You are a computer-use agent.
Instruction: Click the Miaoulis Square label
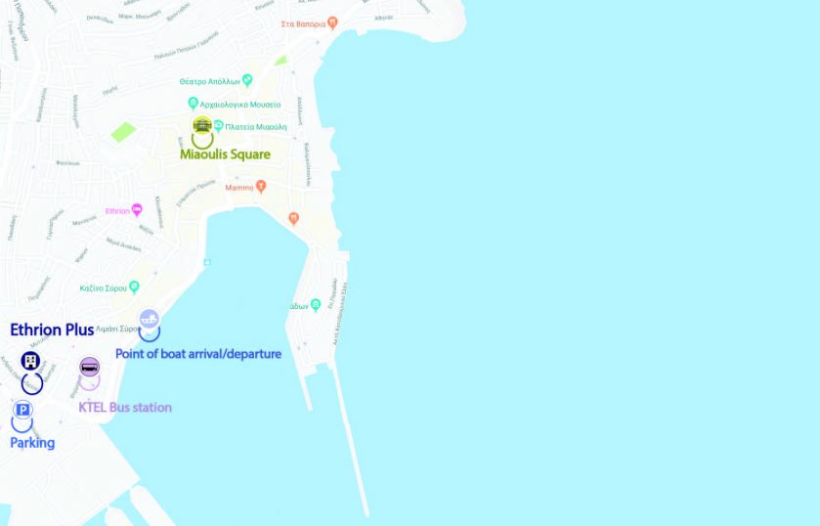[225, 154]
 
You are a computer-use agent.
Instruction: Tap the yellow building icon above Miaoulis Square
[202, 125]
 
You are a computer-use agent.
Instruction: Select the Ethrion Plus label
[52, 330]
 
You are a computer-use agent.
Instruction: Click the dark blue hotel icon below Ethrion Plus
[30, 361]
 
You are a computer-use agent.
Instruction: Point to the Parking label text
[32, 443]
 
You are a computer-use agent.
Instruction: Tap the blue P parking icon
[22, 410]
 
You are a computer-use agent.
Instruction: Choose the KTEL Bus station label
[125, 407]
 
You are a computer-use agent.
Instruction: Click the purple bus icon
[89, 368]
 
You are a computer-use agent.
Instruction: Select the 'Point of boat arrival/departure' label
[198, 354]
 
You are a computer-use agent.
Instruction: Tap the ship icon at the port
[149, 318]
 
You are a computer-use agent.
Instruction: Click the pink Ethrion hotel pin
[137, 209]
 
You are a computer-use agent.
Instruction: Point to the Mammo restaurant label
[238, 188]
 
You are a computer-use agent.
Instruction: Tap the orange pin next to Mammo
[260, 187]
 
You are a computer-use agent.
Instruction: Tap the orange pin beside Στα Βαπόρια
[332, 22]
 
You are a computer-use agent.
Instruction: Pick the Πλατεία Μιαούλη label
[256, 126]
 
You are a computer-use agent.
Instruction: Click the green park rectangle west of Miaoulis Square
[123, 131]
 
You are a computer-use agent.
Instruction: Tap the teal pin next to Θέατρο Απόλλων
[247, 80]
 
